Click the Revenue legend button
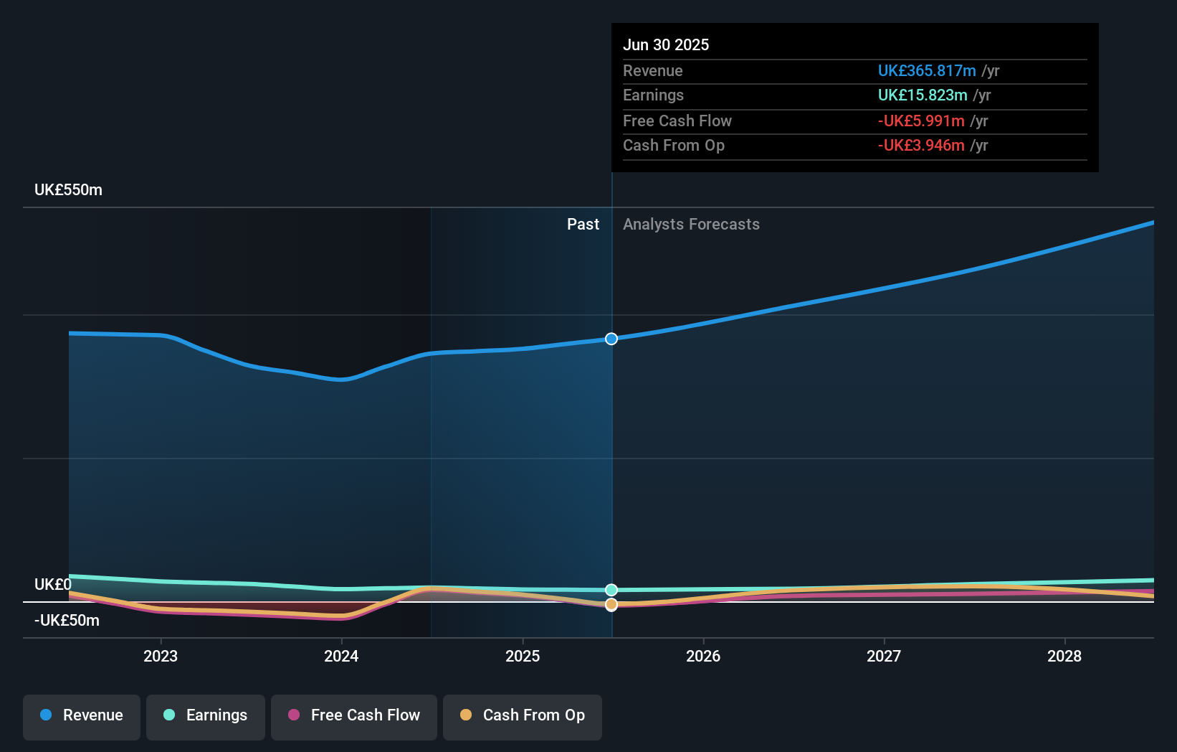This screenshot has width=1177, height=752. (x=82, y=715)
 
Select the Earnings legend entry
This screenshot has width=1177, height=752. (x=206, y=715)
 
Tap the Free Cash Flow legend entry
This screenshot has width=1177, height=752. (x=354, y=715)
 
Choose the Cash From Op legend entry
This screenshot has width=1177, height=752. (x=523, y=715)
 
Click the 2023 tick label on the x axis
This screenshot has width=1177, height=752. (x=161, y=656)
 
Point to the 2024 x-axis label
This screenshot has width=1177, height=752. (x=341, y=656)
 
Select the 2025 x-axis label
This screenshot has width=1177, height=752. (x=523, y=656)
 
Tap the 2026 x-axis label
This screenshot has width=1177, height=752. (x=703, y=656)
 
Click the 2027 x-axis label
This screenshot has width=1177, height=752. (x=884, y=656)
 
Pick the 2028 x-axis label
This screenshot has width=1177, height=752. (x=1064, y=656)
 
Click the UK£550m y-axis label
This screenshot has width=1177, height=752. (x=68, y=190)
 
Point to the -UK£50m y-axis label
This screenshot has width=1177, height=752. (x=67, y=621)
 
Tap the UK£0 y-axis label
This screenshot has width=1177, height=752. (x=53, y=585)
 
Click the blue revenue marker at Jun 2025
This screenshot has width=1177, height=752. (x=611, y=339)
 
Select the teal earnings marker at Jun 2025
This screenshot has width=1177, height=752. (x=611, y=590)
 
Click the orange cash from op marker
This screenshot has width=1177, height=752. (x=611, y=605)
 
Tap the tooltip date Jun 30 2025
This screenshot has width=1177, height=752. (x=666, y=44)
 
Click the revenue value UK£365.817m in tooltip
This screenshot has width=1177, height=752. (x=927, y=71)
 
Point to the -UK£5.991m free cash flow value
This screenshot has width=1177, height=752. (x=921, y=121)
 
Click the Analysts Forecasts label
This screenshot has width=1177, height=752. (x=691, y=225)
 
